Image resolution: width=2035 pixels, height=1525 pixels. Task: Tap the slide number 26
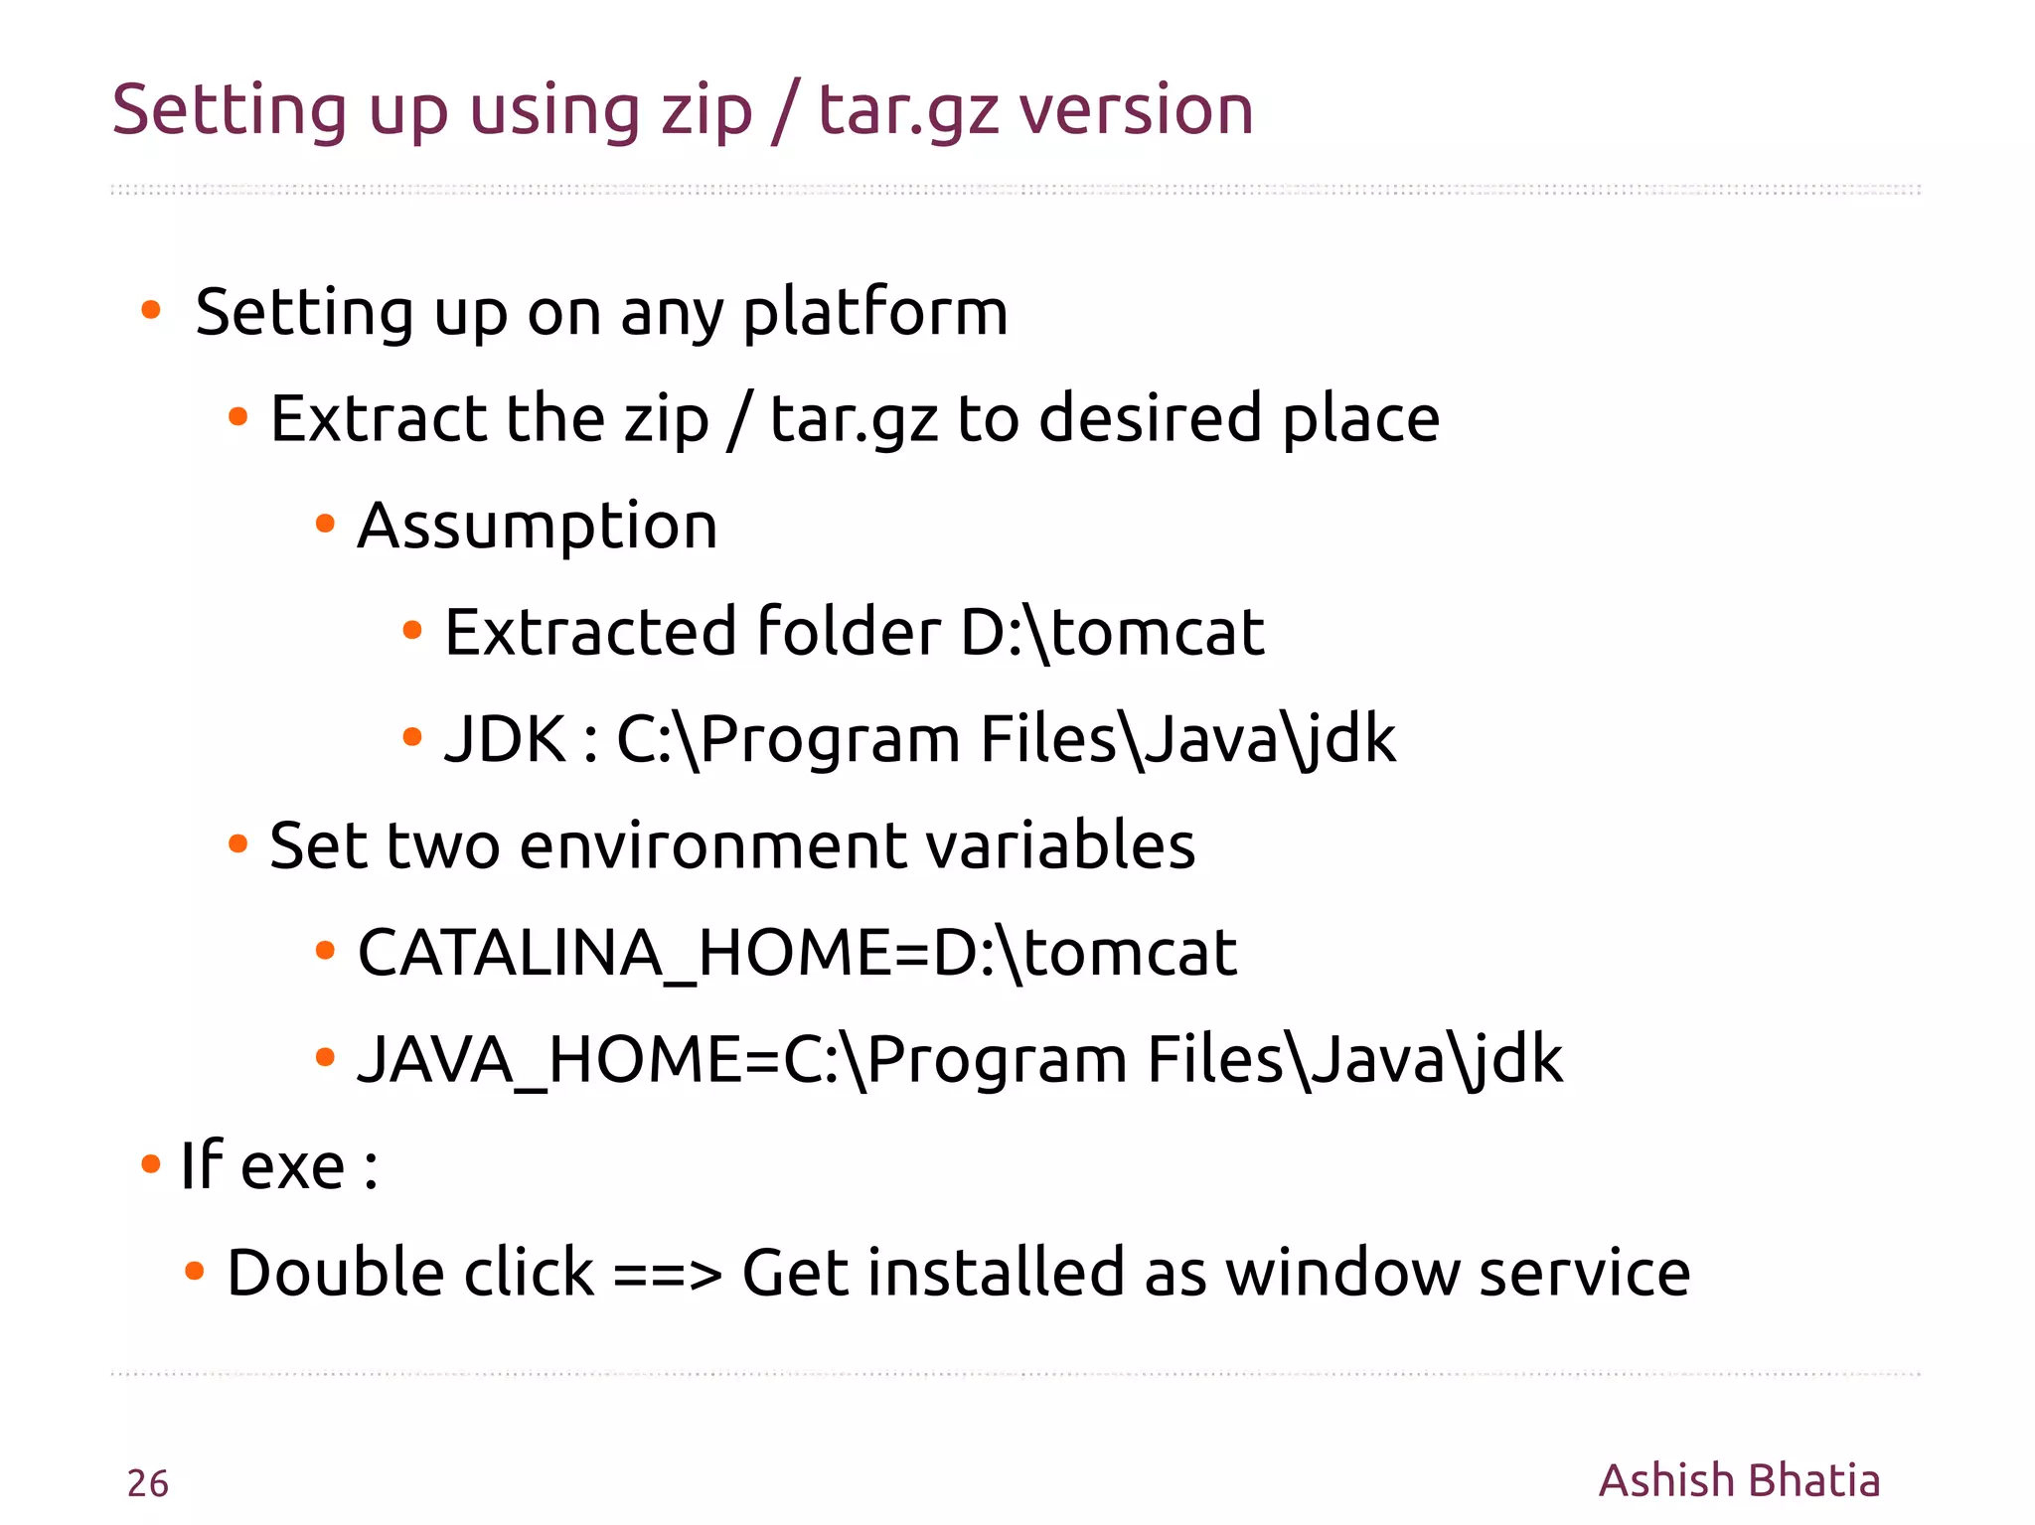148,1483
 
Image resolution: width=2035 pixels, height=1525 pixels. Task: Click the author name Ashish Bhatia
1739,1480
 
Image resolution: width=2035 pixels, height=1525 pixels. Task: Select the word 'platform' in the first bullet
875,312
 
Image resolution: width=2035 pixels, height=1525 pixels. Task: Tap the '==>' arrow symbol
667,1273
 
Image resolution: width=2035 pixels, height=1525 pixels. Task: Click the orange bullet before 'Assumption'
325,524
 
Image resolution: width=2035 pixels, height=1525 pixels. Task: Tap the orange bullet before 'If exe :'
151,1163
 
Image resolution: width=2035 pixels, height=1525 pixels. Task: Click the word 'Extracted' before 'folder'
590,632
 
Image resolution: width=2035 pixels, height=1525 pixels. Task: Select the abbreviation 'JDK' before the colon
505,739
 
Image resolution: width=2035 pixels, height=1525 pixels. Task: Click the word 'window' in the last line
1341,1273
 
